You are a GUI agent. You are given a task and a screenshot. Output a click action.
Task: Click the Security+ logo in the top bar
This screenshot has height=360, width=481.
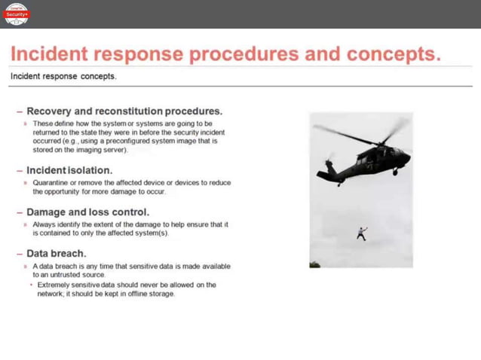[x=16, y=14]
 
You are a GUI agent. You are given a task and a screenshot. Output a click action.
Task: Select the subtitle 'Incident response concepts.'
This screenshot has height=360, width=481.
[x=63, y=76]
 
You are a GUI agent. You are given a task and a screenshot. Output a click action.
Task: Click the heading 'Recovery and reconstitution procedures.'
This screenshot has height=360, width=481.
[x=124, y=111]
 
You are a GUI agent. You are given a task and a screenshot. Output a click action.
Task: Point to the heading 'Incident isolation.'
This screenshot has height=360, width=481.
[x=69, y=170]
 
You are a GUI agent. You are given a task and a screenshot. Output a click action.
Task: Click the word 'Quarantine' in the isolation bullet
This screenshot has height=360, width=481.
[x=52, y=182]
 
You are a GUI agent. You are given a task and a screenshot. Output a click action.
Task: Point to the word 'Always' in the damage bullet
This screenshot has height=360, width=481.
[x=44, y=224]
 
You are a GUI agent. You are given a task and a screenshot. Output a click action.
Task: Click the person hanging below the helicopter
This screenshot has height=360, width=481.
[x=362, y=233]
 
